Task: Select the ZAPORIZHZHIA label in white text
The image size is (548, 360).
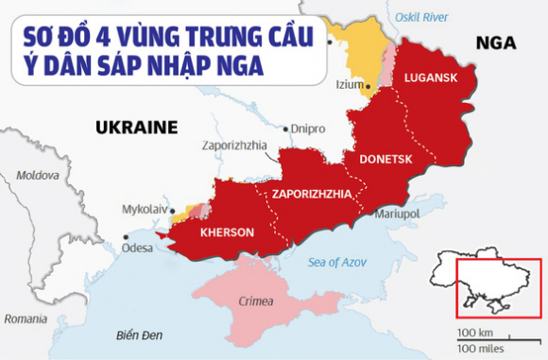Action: pos(312,195)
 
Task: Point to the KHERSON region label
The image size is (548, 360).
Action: pos(227,232)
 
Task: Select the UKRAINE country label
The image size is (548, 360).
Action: pos(137,126)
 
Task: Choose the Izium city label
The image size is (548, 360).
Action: pos(350,84)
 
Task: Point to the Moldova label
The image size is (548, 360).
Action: pos(38,176)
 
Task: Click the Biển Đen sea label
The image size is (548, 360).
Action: pos(140,335)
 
